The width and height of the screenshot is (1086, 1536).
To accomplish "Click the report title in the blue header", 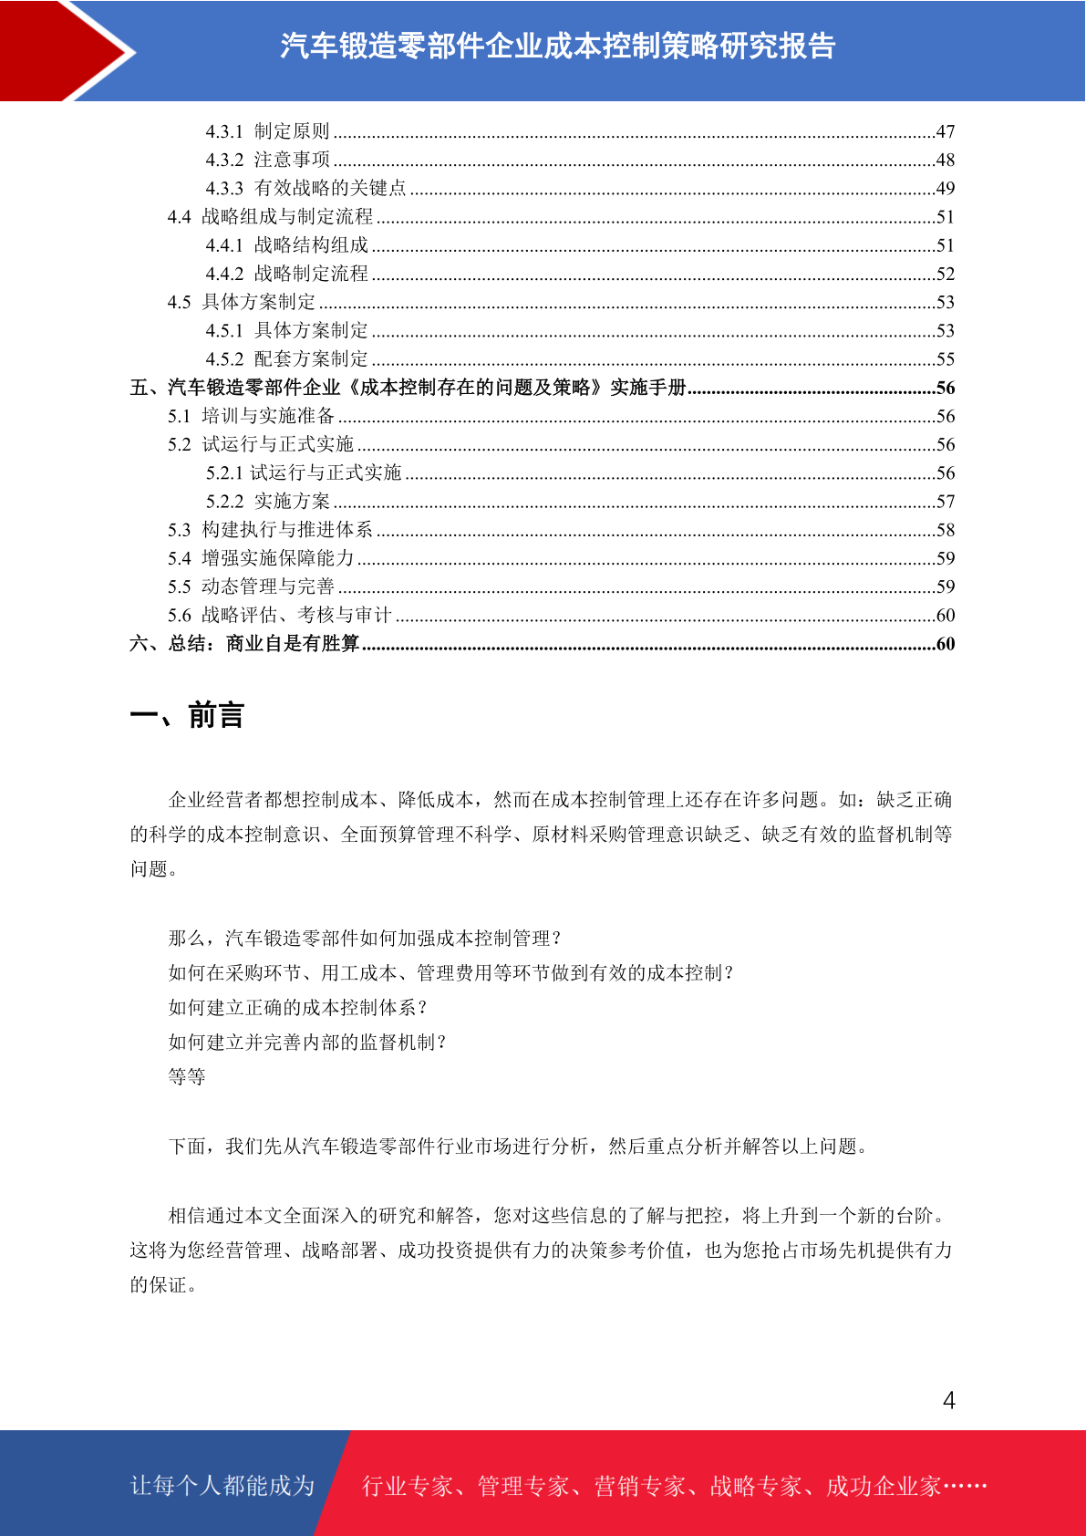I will [x=557, y=46].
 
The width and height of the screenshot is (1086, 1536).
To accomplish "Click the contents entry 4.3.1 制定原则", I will [x=267, y=131].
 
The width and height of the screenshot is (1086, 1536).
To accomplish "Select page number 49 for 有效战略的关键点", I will [x=945, y=189].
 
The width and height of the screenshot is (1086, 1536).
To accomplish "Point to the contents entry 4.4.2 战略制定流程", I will [x=286, y=274].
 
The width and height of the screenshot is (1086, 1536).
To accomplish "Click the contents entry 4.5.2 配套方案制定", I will [x=286, y=359].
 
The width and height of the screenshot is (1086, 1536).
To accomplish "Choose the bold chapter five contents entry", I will [x=408, y=388].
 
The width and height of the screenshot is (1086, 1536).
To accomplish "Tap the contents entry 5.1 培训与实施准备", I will [x=251, y=416].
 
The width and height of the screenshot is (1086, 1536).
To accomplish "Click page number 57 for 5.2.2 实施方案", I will [x=945, y=502].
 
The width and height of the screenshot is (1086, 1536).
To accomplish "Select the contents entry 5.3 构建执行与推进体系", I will [x=270, y=530].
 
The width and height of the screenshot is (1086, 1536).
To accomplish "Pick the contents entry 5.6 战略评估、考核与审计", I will [x=279, y=616].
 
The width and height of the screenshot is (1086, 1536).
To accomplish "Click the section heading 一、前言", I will [x=187, y=716].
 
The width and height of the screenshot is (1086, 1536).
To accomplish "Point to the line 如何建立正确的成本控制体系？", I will [x=297, y=1008].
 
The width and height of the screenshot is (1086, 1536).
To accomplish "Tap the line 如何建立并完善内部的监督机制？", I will [x=307, y=1043].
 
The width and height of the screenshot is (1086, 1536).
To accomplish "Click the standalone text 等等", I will [x=187, y=1077].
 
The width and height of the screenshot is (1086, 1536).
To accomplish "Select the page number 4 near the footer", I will [x=948, y=1401].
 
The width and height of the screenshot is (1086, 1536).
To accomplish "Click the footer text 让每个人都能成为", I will [x=222, y=1486].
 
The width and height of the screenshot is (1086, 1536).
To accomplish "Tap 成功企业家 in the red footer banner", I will [x=883, y=1487].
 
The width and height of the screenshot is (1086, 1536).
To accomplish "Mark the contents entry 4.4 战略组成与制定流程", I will [x=270, y=217].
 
